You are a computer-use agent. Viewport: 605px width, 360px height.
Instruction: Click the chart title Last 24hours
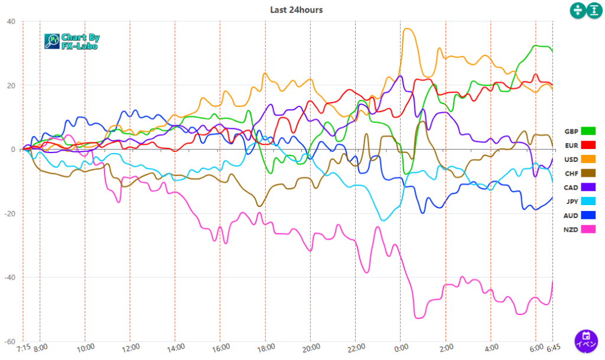click(x=296, y=9)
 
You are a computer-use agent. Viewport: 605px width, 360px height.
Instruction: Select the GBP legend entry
click(x=580, y=131)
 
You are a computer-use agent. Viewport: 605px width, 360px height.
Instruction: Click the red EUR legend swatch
click(x=588, y=145)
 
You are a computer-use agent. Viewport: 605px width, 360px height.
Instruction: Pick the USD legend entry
click(x=580, y=159)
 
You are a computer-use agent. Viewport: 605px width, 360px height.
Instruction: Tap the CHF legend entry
click(x=580, y=173)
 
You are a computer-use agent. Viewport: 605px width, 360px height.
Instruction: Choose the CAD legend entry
click(x=580, y=187)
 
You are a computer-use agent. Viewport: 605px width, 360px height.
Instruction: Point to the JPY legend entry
click(x=580, y=201)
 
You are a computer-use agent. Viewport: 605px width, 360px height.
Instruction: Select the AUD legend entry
click(x=580, y=215)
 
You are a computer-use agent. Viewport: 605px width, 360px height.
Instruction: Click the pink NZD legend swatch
click(x=588, y=229)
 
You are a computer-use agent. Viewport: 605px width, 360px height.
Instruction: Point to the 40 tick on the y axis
click(x=11, y=22)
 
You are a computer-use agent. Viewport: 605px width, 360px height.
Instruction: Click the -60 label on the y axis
click(x=10, y=342)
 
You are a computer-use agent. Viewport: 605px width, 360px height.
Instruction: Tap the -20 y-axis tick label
click(x=10, y=213)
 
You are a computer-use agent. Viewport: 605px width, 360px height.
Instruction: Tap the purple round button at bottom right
click(x=586, y=340)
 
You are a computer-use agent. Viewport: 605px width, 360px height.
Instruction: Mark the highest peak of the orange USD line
click(x=406, y=28)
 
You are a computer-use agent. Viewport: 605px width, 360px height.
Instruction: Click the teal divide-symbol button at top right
click(x=577, y=10)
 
